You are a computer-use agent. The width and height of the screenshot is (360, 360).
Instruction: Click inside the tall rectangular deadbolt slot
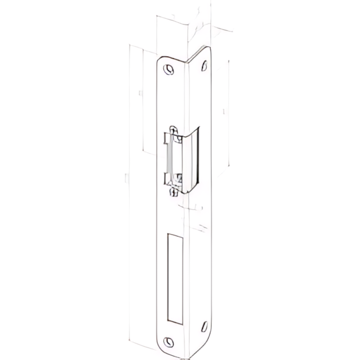pyautogui.click(x=175, y=277)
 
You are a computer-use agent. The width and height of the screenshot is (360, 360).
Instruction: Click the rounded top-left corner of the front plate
pyautogui.click(x=160, y=58)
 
